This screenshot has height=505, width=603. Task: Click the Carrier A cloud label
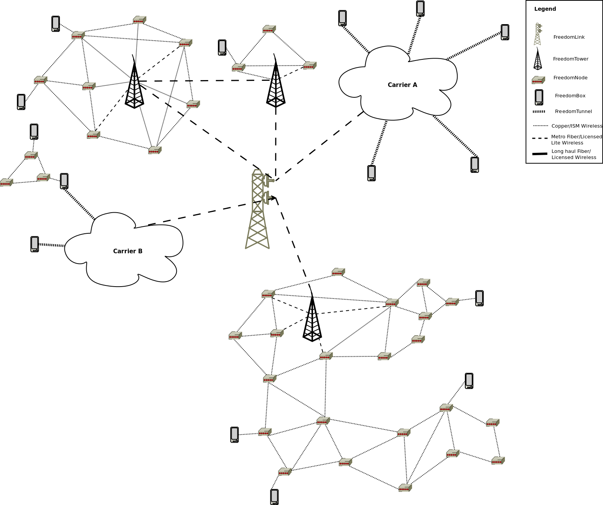402,85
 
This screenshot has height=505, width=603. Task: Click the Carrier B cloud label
128,251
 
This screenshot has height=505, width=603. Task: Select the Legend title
545,9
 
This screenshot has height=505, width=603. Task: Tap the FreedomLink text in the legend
569,37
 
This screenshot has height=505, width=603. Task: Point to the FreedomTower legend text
570,59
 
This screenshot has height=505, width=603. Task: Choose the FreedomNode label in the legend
570,78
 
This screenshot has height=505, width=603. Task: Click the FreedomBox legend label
570,96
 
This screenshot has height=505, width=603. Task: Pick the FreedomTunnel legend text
573,111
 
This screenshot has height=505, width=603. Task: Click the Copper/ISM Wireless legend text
577,126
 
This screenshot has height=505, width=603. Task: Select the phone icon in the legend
539,97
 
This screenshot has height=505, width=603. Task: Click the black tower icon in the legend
538,60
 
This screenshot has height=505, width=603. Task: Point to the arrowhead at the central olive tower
273,198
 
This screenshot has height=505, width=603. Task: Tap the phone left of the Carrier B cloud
35,244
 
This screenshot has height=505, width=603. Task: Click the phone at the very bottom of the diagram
274,497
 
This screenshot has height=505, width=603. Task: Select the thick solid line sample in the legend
540,154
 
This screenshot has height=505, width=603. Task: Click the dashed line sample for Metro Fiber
540,138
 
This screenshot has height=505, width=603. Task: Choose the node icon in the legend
538,80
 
